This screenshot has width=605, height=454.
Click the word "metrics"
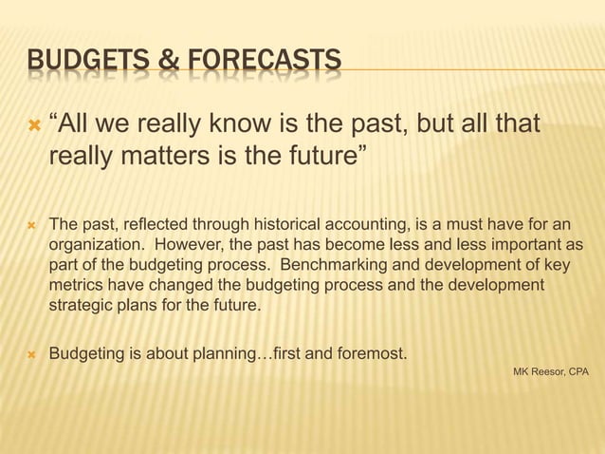tap(73, 285)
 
